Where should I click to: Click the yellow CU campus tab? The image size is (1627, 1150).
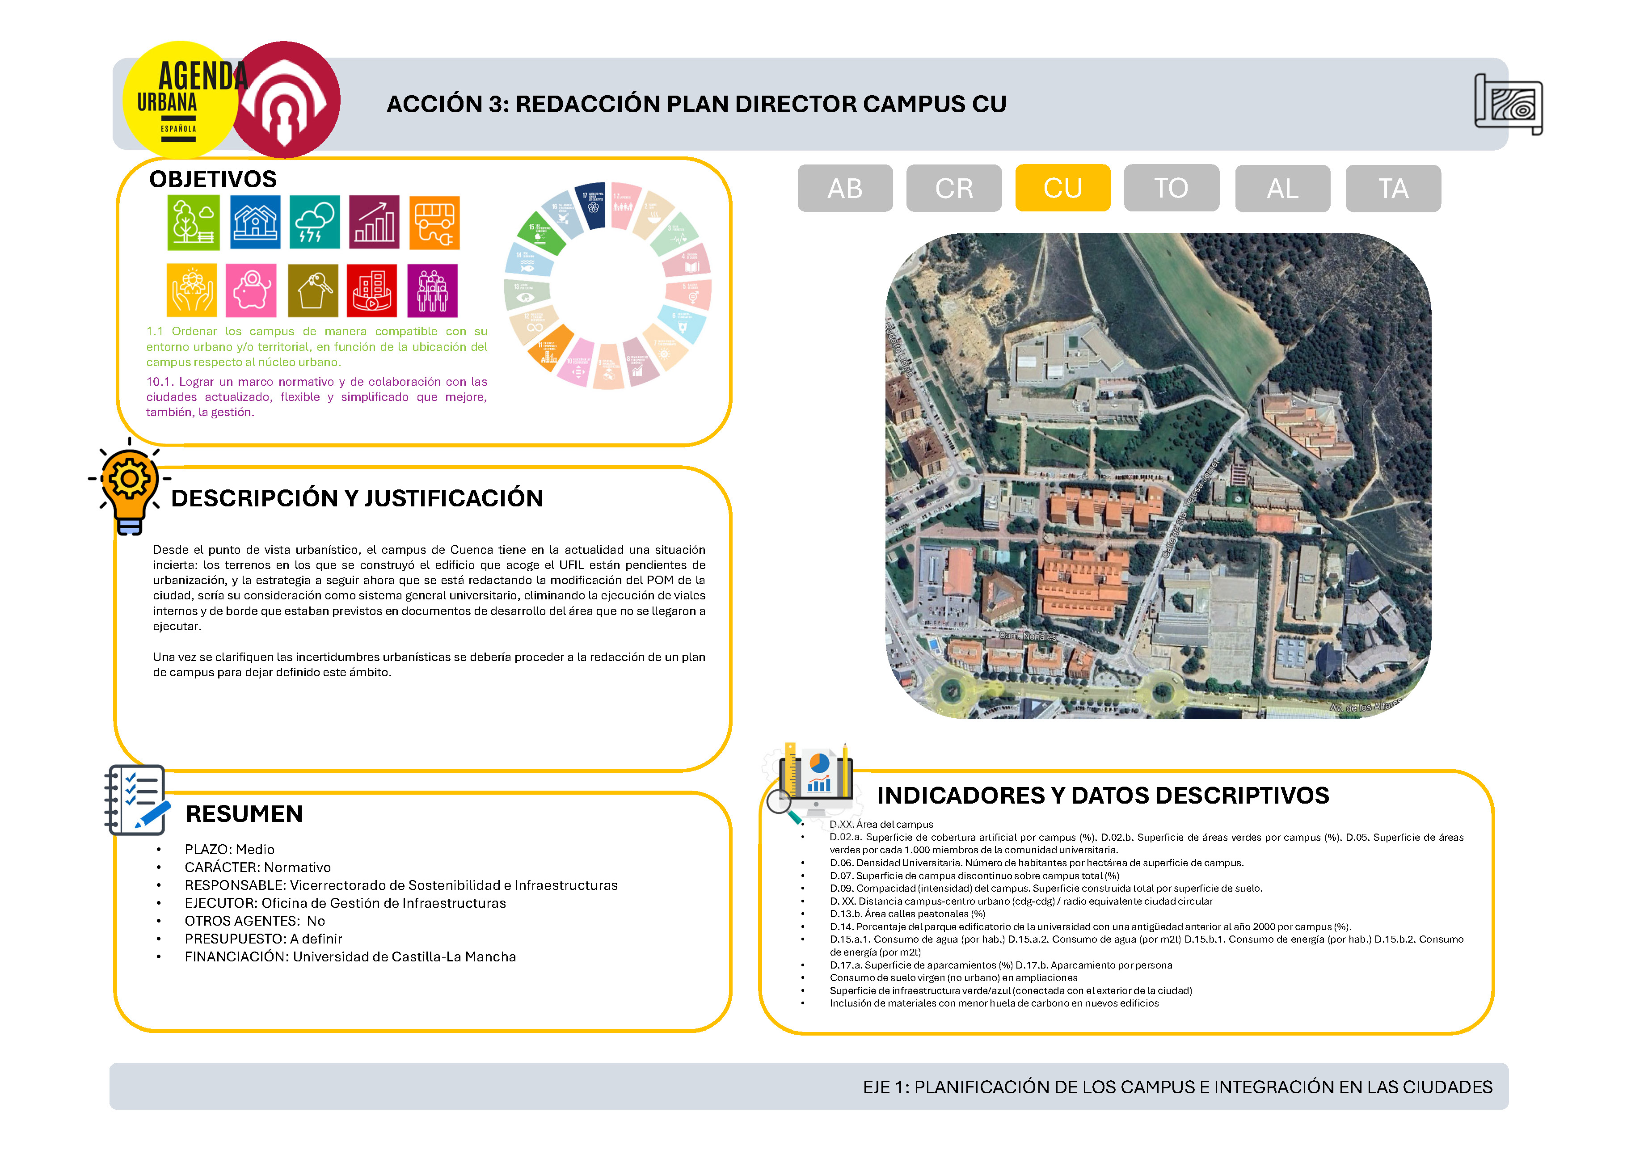[x=1062, y=188]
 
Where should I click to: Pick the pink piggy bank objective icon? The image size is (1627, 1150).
[x=251, y=291]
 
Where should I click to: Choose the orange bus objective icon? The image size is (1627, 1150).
[x=434, y=223]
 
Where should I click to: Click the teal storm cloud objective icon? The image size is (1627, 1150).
[x=314, y=223]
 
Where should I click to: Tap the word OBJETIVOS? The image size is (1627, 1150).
[x=213, y=179]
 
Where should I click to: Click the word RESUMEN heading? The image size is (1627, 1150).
[x=244, y=813]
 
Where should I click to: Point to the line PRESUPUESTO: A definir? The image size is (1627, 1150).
[x=263, y=938]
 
